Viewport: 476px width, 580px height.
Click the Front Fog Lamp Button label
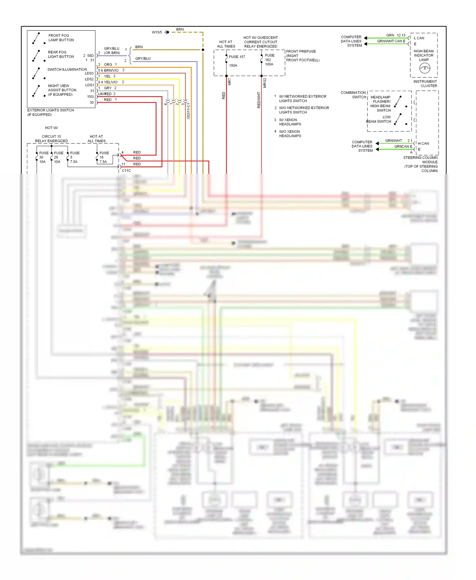coord(61,38)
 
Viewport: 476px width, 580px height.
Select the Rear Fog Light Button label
coord(61,54)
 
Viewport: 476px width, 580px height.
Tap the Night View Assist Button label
coord(62,90)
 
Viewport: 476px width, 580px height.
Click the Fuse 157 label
coord(237,57)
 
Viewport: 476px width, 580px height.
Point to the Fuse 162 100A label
coord(269,60)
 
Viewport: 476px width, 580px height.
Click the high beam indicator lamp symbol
coord(425,68)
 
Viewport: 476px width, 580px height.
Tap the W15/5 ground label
coord(157,32)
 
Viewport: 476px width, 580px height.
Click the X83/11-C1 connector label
coord(188,111)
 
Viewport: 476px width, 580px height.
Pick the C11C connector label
coord(126,171)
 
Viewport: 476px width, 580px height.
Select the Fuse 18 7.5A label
coord(103,157)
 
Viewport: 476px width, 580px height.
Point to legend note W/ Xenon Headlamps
coord(290,122)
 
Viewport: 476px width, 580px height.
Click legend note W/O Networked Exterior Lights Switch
coord(304,110)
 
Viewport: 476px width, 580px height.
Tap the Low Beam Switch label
coord(379,119)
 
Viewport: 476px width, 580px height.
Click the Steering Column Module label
coord(420,160)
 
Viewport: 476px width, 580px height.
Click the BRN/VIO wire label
coord(111,70)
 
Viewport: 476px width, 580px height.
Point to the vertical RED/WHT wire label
coord(259,100)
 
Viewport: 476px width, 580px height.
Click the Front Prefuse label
coord(301,51)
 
